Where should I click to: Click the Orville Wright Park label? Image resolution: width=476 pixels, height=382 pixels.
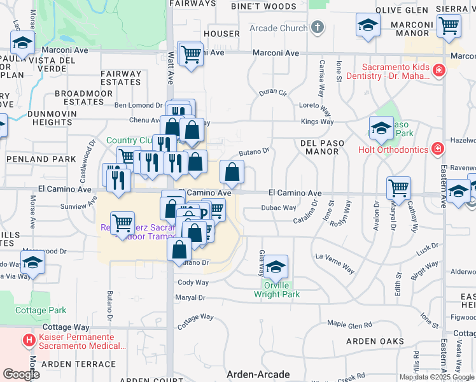coord(276,290)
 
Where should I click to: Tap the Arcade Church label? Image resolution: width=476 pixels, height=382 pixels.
coord(278,28)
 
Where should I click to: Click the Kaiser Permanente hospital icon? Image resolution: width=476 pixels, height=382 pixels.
coord(29,341)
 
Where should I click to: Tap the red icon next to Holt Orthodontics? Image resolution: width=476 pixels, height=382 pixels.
coord(437,150)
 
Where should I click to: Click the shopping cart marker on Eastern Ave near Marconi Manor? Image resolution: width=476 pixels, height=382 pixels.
coord(449,25)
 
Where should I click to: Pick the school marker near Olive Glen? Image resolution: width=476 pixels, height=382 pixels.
coord(368,25)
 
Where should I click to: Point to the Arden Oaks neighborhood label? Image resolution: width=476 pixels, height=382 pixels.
coord(375,341)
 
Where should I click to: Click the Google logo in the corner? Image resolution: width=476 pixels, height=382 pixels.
coord(20,374)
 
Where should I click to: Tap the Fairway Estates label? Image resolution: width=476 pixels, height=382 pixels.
coord(121,78)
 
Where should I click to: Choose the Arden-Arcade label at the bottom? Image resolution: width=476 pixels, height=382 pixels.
coord(258,374)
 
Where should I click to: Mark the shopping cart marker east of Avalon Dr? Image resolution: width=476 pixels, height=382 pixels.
coord(398,188)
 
